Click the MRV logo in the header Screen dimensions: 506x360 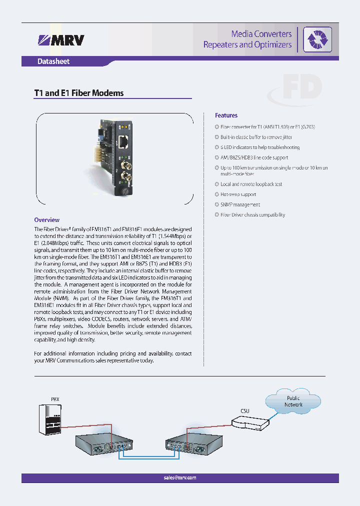click(61, 39)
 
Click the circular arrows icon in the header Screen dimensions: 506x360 click(318, 39)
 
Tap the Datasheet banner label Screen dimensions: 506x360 click(53, 61)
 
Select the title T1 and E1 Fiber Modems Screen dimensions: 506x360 click(78, 93)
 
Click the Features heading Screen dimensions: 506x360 click(226, 115)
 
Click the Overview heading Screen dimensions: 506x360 click(46, 219)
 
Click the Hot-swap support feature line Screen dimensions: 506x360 click(238, 194)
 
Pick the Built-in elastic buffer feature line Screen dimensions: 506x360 click(256, 137)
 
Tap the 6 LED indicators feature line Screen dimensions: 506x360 click(260, 147)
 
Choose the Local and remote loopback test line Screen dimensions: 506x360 click(251, 184)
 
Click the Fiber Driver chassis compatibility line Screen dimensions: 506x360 click(252, 215)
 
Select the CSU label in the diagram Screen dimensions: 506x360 click(245, 411)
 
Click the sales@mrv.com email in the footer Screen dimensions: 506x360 click(180, 477)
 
